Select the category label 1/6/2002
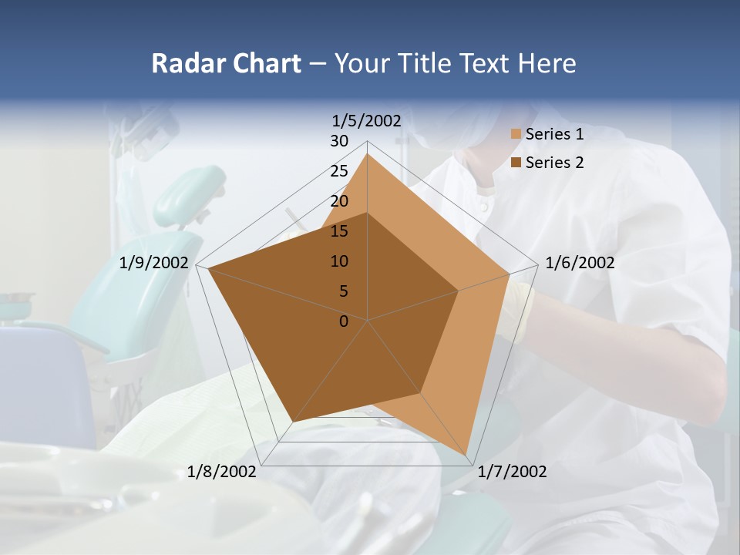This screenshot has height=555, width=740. coord(580,263)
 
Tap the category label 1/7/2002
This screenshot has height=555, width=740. coord(512,472)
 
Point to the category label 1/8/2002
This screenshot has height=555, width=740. coord(222,472)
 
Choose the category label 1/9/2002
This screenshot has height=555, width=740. coord(154,263)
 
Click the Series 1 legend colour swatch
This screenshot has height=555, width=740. coord(516,135)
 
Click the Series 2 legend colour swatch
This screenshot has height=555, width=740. coord(516,163)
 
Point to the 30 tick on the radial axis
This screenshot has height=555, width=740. coord(339,141)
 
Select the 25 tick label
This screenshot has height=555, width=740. coord(339,171)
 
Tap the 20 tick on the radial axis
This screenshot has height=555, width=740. coord(339,201)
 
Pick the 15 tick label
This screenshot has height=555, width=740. coord(339,231)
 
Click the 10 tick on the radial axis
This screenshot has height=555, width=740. coord(339,261)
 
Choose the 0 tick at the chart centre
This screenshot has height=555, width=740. coord(344,321)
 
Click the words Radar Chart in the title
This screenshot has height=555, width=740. coord(226,64)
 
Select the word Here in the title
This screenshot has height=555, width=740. coord(547,64)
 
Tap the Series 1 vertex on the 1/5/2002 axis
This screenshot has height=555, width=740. coord(368,154)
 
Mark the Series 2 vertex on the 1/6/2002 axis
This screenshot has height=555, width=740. coord(459,291)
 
